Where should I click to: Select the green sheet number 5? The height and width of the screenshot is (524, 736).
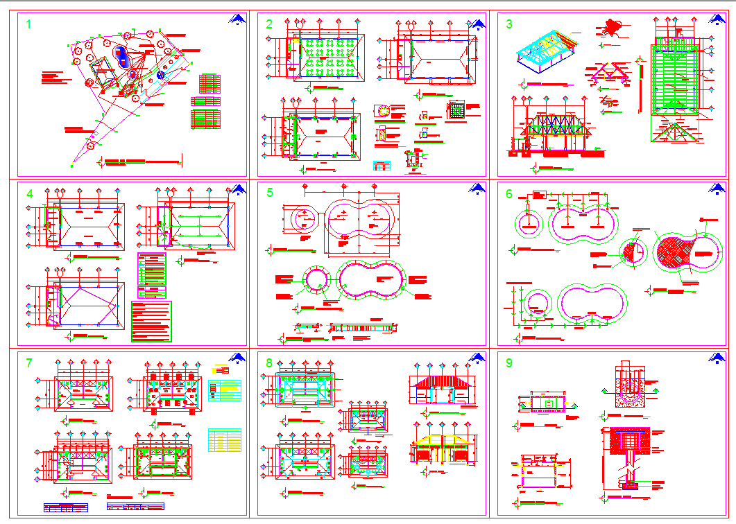click(x=270, y=193)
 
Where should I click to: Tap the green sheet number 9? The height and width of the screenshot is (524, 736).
click(x=509, y=363)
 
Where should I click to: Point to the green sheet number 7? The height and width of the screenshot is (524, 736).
click(x=28, y=363)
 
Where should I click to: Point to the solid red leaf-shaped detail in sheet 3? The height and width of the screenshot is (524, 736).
click(x=611, y=27)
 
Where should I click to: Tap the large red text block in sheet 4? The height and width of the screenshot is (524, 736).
click(x=151, y=321)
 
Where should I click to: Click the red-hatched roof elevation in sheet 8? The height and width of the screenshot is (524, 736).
click(x=441, y=383)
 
